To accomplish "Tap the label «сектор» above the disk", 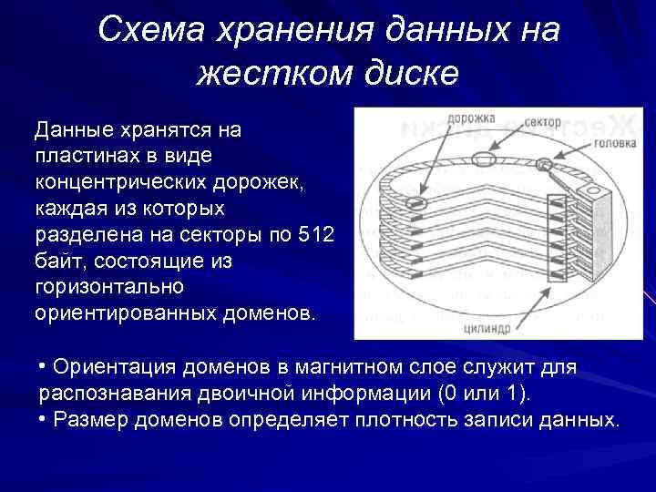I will (544, 122).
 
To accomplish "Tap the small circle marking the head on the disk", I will (545, 165).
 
